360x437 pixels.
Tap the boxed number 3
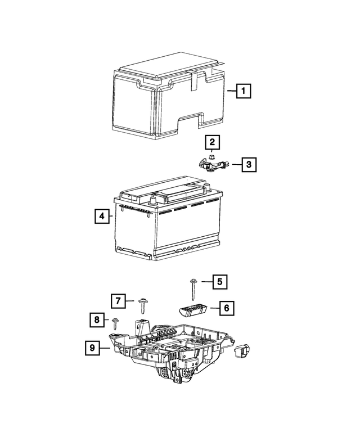coord(249,164)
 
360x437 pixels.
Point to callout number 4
coord(102,216)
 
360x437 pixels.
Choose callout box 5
coord(220,281)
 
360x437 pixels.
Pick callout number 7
coord(117,301)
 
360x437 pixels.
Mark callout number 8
coord(97,321)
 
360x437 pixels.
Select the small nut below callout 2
coord(210,156)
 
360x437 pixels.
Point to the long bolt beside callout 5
coord(193,289)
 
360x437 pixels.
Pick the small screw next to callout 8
coord(115,323)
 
